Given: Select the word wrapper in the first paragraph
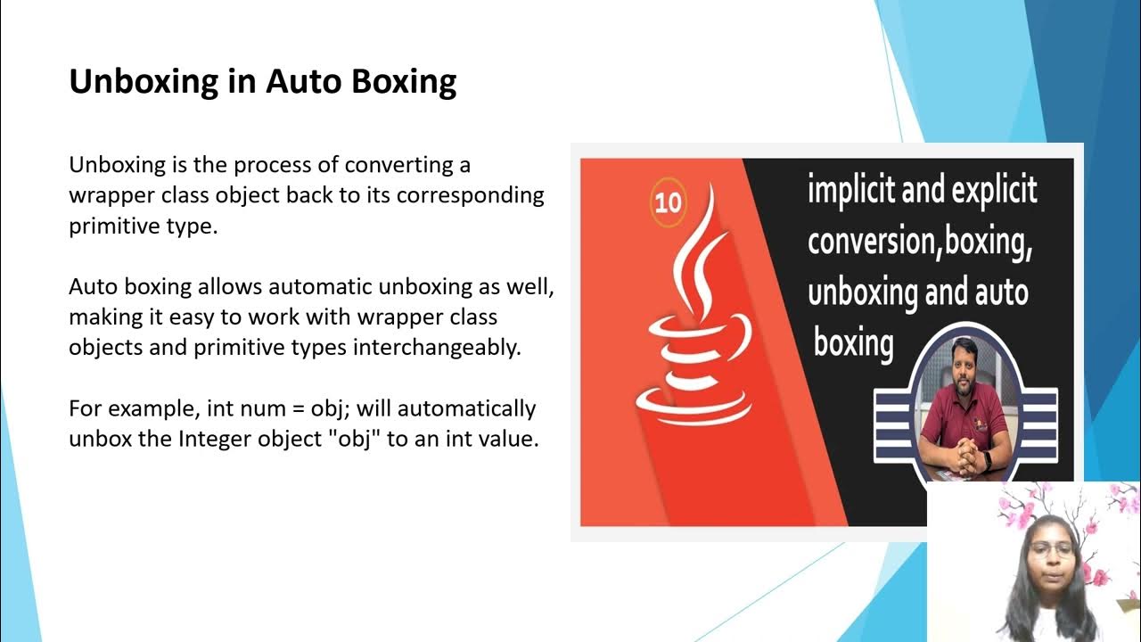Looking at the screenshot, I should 110,195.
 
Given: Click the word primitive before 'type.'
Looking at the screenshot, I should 115,226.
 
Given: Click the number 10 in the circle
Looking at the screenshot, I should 668,203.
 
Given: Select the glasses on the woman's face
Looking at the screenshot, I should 1052,550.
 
